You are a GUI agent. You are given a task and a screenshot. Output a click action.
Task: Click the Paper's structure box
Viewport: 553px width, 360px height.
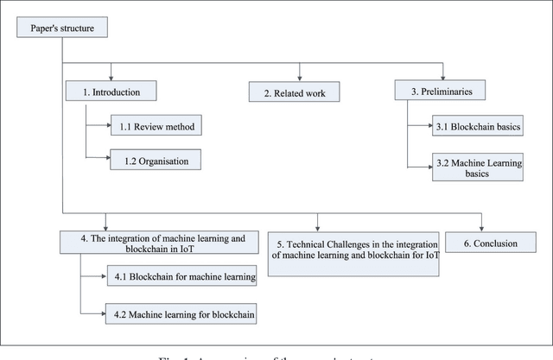tap(62, 28)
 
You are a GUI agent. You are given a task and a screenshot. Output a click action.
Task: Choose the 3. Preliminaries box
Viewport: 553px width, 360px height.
tap(441, 90)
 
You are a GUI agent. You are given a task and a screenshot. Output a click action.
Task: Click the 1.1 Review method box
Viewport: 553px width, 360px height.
tap(155, 127)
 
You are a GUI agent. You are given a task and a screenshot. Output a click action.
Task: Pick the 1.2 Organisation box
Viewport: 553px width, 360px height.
tap(155, 159)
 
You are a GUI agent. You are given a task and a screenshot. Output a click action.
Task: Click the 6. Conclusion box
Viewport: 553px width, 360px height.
tap(490, 243)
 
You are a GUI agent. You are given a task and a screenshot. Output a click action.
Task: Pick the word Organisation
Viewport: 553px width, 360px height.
tap(164, 159)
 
